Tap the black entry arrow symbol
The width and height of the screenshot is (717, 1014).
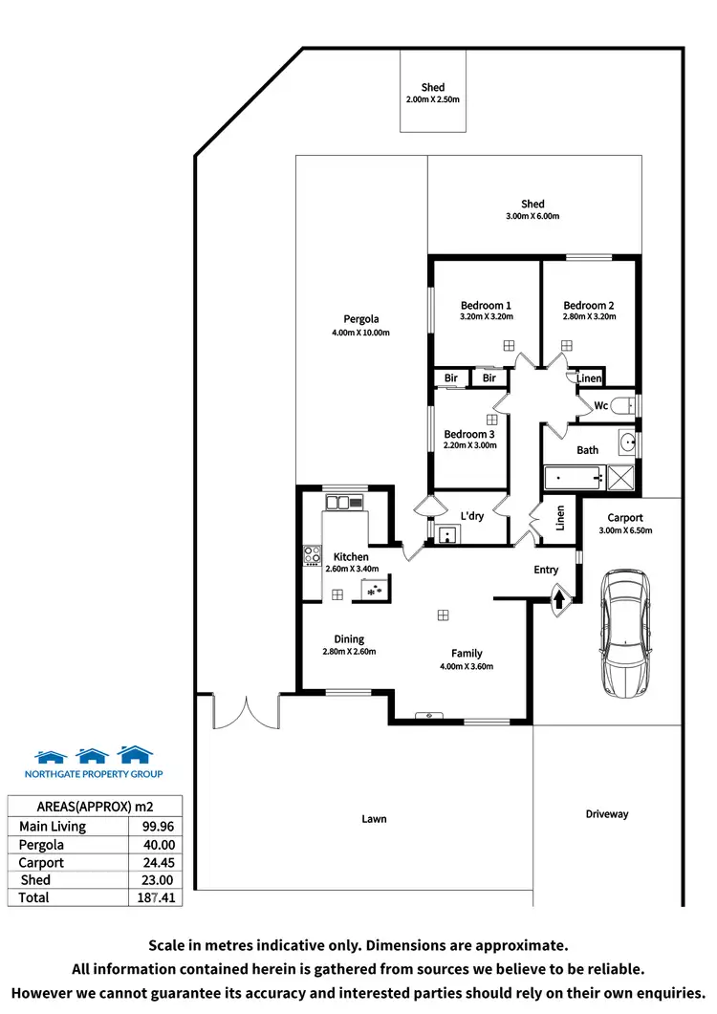(560, 600)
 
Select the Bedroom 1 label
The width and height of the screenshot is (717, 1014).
(486, 306)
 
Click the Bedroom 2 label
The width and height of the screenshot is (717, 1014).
(589, 306)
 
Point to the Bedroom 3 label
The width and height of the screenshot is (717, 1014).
(469, 435)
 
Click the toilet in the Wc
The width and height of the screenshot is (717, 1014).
(622, 405)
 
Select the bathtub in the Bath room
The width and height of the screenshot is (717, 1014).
(573, 476)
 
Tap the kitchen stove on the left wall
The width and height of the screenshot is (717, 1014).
(312, 555)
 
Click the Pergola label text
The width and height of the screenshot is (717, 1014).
(361, 319)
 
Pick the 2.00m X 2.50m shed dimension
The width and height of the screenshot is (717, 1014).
(432, 99)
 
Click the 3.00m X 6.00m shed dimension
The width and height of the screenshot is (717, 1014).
(532, 216)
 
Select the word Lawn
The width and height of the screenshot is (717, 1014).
(374, 819)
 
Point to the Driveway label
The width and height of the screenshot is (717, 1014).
(607, 814)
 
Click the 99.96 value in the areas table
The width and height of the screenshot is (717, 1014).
(157, 827)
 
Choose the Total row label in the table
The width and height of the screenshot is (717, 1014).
(33, 897)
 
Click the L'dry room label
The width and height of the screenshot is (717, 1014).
(471, 516)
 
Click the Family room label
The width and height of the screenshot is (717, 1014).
(467, 653)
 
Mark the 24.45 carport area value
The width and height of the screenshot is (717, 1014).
(157, 862)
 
